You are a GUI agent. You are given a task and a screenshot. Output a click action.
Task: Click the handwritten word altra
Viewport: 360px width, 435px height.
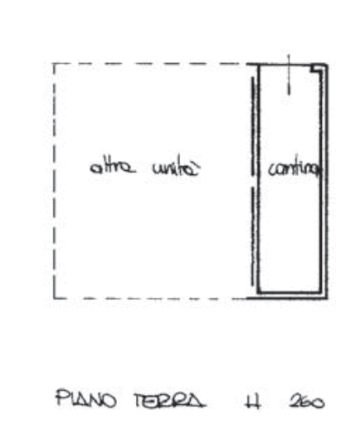tap(113, 167)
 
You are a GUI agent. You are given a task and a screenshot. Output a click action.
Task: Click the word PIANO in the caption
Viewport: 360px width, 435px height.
tap(86, 398)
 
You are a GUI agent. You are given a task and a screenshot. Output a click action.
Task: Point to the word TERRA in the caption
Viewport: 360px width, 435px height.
tap(170, 400)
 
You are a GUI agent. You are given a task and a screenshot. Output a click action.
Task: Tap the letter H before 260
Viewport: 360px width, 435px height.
tap(253, 401)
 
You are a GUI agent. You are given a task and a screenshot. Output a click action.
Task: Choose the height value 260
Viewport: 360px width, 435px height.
tap(307, 402)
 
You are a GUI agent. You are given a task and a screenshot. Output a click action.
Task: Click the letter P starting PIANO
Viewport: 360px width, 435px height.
tap(62, 398)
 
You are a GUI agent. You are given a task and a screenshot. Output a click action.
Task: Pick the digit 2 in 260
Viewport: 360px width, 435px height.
tap(295, 402)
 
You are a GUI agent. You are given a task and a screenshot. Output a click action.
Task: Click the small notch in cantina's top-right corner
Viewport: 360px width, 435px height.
tap(317, 70)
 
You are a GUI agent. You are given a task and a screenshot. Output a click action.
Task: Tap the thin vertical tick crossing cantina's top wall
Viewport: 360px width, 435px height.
tap(289, 75)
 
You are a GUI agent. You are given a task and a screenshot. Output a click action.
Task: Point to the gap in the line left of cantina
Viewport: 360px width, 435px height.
tap(253, 181)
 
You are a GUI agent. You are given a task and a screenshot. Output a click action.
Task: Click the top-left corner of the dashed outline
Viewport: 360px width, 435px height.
tap(54, 64)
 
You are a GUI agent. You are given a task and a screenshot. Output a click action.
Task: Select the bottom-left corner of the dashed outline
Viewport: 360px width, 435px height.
tap(54, 299)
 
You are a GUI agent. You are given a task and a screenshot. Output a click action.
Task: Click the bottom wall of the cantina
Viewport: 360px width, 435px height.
tap(289, 293)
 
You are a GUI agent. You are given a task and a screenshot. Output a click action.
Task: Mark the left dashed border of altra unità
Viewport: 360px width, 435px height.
tap(54, 181)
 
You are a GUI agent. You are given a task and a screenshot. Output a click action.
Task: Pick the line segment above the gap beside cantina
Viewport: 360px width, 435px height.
tap(253, 126)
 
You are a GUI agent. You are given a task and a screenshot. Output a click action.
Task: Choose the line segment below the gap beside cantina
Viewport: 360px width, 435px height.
tap(253, 237)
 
